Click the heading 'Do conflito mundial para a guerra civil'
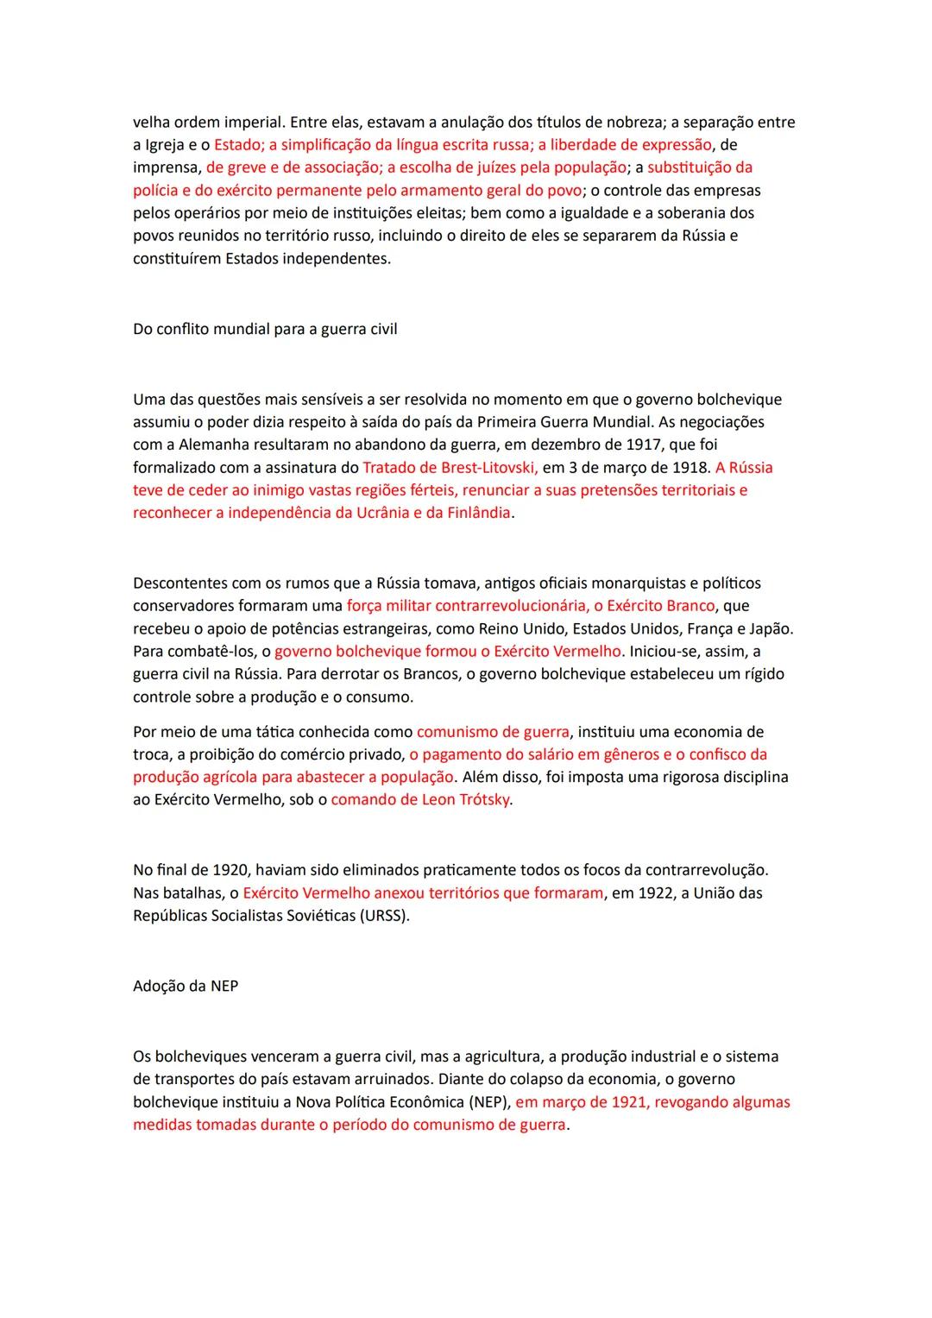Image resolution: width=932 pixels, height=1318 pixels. pos(265,329)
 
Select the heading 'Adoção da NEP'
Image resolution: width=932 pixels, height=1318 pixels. pos(186,986)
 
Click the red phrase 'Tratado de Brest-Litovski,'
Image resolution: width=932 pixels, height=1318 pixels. pos(450,467)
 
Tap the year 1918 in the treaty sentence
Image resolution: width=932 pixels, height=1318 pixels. pos(688,467)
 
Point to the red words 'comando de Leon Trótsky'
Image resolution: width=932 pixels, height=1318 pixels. pos(420,799)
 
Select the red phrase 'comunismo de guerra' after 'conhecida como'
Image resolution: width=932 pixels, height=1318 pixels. pos(493,732)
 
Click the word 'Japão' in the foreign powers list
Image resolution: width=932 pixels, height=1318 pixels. pos(772,628)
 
